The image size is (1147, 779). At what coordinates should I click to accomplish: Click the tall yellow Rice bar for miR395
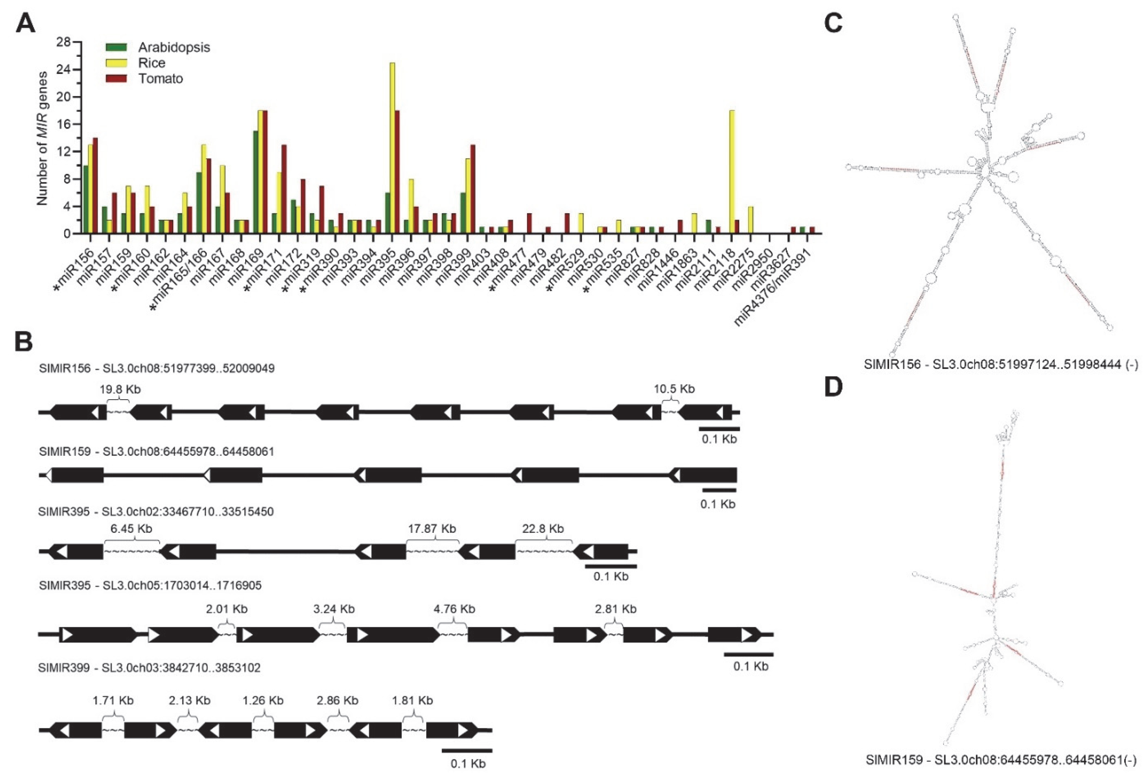pyautogui.click(x=392, y=148)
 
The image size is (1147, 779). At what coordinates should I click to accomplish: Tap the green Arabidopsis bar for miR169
pyautogui.click(x=256, y=182)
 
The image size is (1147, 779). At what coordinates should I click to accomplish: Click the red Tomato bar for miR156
pyautogui.click(x=95, y=186)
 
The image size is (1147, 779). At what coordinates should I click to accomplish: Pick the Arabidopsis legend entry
pyautogui.click(x=158, y=47)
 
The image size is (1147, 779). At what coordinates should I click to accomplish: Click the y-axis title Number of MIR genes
pyautogui.click(x=43, y=138)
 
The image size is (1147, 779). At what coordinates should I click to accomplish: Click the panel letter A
pyautogui.click(x=26, y=23)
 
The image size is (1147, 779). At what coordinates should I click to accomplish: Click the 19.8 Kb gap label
pyautogui.click(x=120, y=389)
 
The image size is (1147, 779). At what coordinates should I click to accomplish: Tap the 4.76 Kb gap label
pyautogui.click(x=454, y=609)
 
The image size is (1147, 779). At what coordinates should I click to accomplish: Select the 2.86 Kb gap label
pyautogui.click(x=338, y=701)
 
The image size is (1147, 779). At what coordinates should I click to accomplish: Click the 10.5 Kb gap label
pyautogui.click(x=674, y=389)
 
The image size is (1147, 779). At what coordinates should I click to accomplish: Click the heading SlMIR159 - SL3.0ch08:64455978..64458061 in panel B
pyautogui.click(x=157, y=452)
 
